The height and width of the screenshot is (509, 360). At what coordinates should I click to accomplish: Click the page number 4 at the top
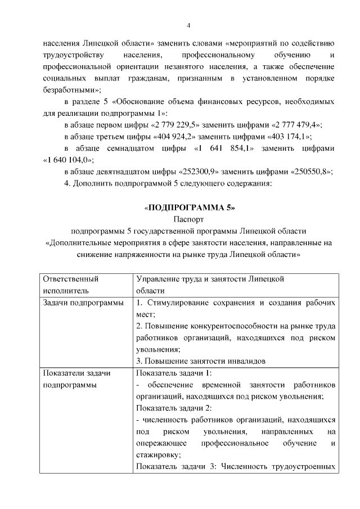click(188, 25)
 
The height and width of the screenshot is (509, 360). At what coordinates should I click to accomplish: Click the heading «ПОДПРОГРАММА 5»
click(189, 208)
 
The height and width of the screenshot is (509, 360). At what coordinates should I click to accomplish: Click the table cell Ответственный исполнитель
click(70, 284)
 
